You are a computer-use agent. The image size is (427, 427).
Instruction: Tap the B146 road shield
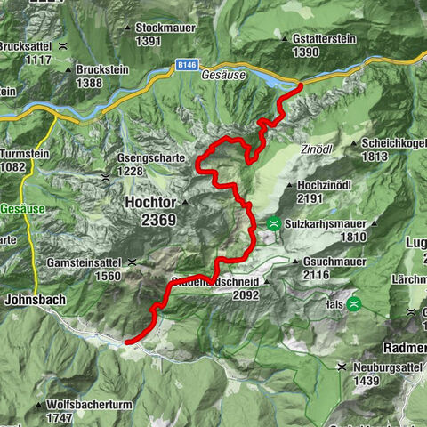pyautogui.click(x=185, y=65)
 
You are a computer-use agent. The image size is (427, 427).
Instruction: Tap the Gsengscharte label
pyautogui.click(x=155, y=158)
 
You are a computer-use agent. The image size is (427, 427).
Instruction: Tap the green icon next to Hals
pyautogui.click(x=354, y=303)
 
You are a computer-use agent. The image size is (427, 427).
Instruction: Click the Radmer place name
pyautogui.click(x=404, y=347)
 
